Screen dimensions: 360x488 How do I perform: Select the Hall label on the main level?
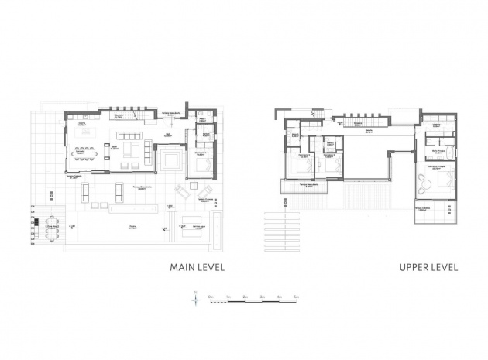coord(168,132)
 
